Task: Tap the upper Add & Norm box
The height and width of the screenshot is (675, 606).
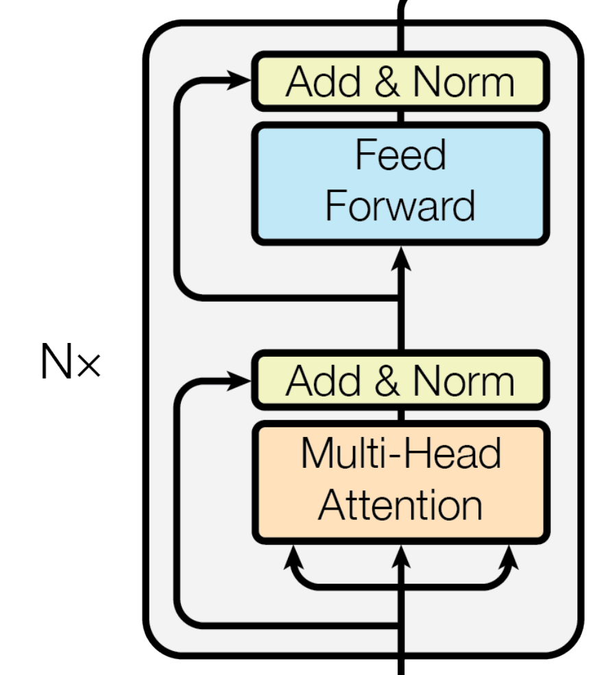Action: (x=400, y=81)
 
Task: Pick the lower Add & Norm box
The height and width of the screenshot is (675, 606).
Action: (x=400, y=380)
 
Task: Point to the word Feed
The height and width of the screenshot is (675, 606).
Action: (x=400, y=154)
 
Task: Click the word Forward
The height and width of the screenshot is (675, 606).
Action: (x=400, y=205)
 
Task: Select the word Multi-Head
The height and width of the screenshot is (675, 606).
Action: (x=400, y=453)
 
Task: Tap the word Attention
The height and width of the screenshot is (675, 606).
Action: (x=400, y=505)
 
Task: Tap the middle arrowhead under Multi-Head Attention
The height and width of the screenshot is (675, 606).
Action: (x=401, y=554)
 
